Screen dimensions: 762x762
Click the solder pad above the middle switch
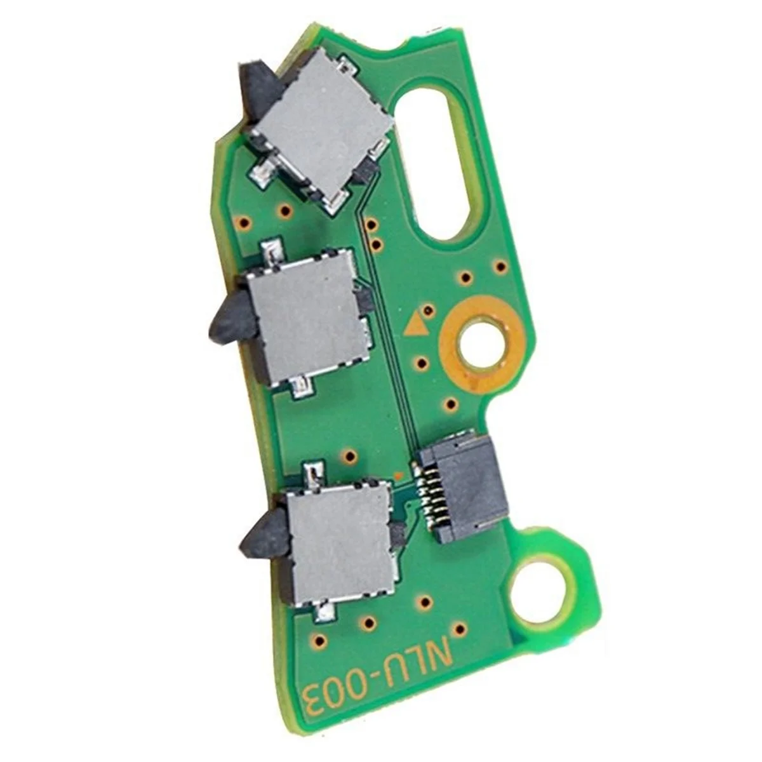(x=272, y=249)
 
